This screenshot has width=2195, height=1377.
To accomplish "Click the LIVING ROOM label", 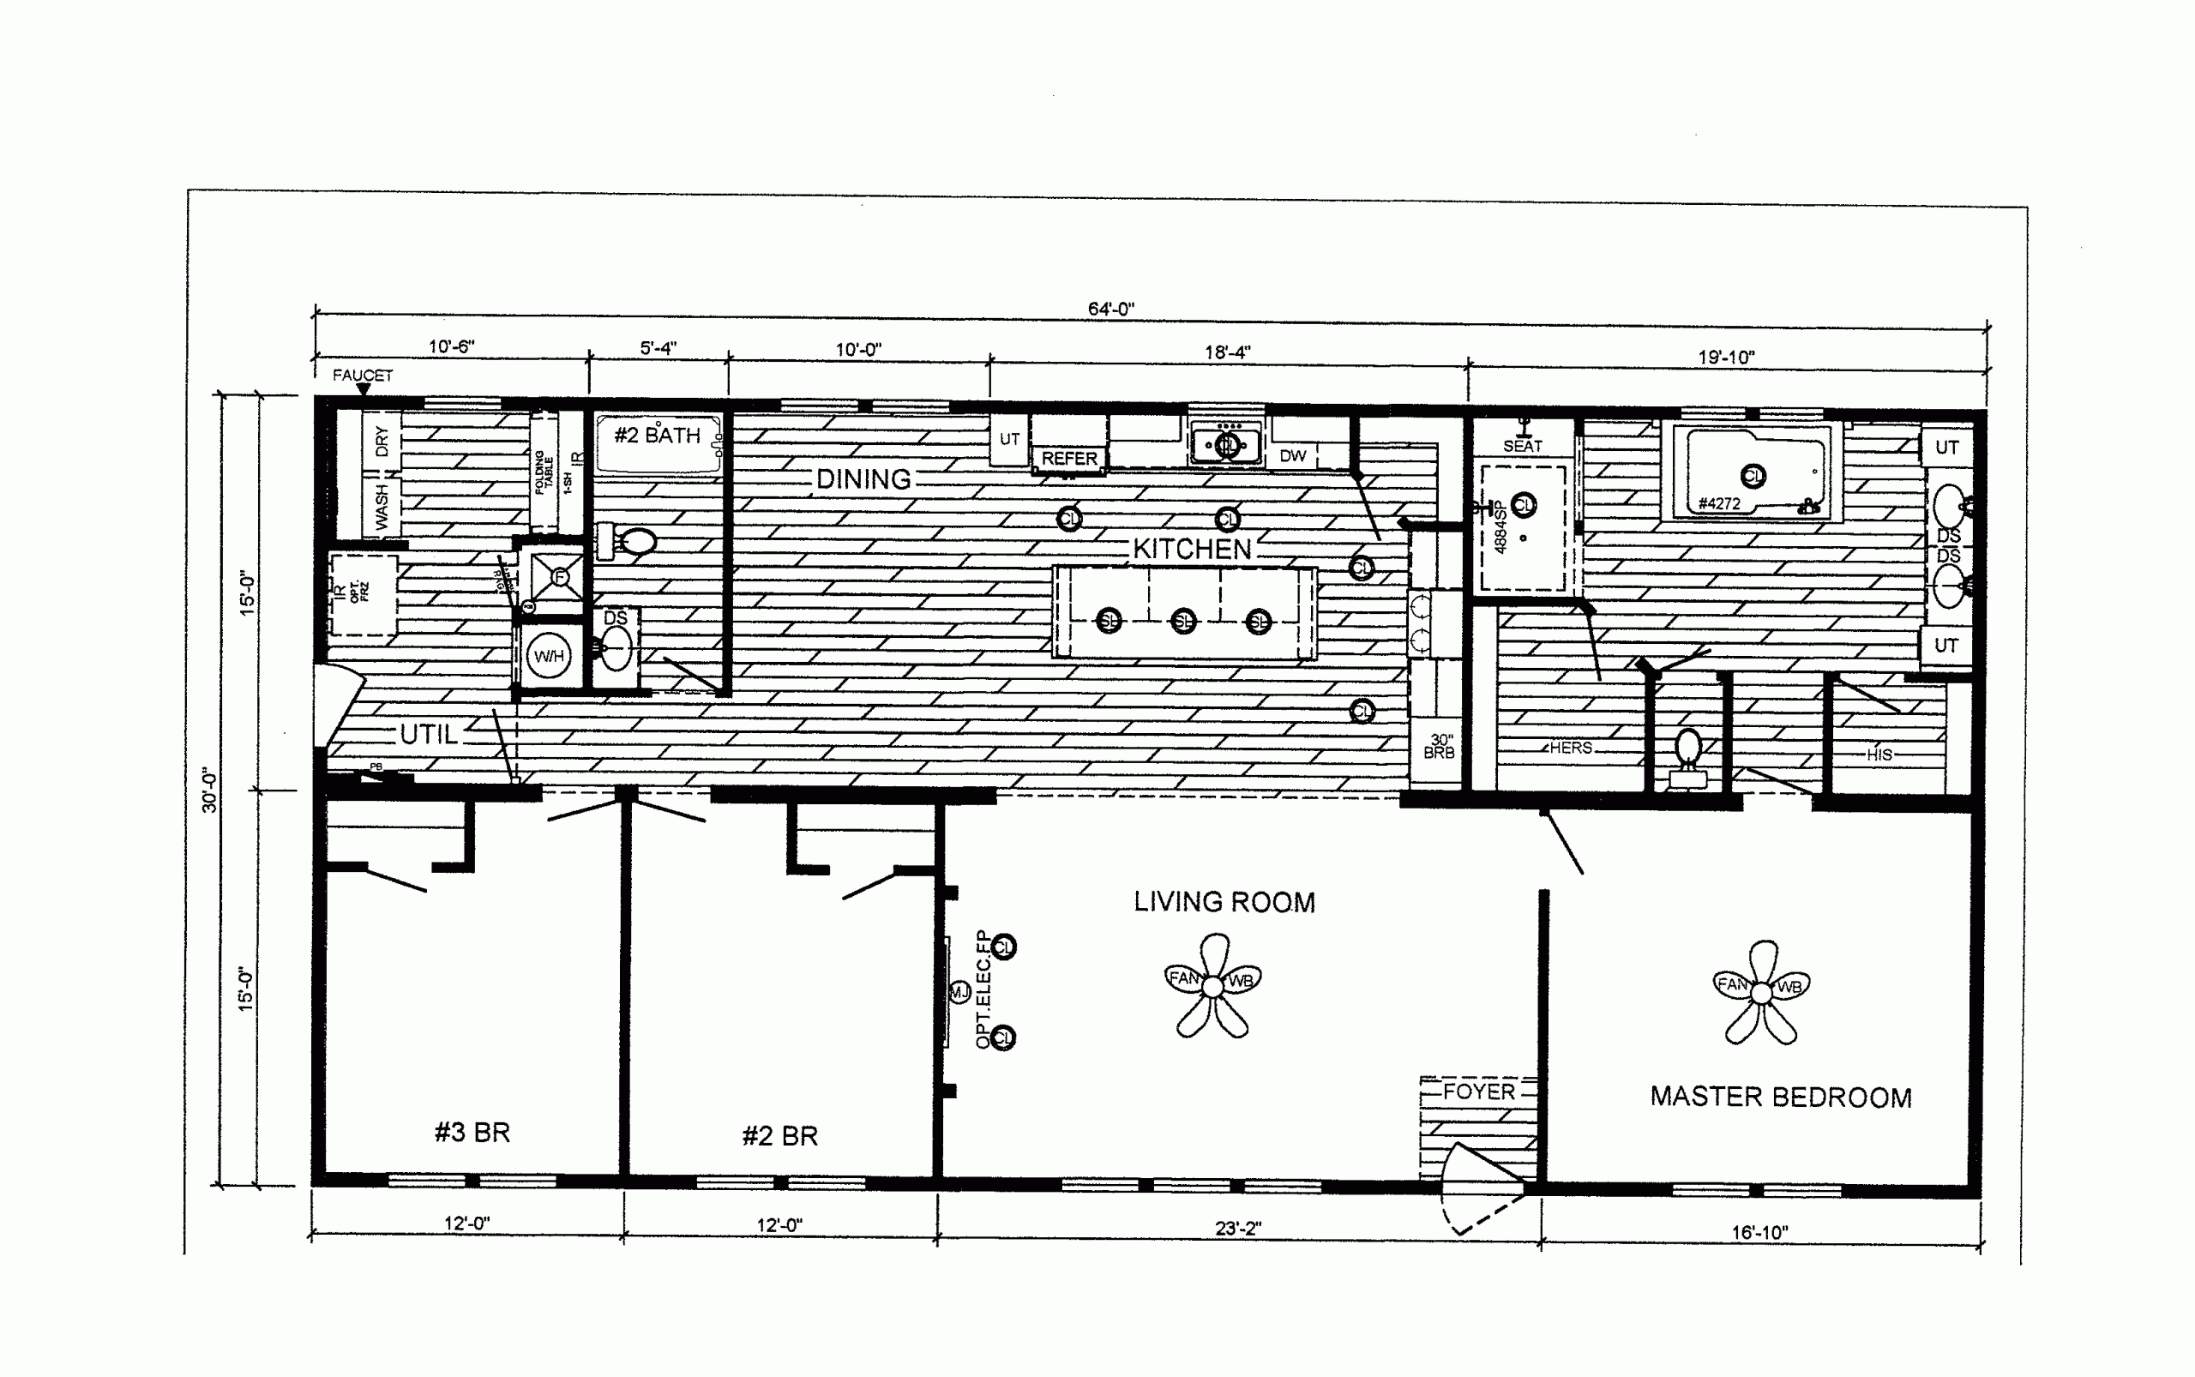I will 1224,902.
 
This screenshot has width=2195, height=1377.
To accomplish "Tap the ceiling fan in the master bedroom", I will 1761,993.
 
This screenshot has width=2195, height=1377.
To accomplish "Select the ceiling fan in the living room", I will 1212,986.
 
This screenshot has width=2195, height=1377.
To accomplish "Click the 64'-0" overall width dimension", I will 1110,309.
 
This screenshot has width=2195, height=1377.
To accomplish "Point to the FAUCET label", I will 363,376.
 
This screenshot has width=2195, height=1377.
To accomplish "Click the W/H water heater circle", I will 548,656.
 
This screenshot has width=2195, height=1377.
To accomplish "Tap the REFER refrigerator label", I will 1069,458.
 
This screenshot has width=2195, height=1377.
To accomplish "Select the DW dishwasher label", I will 1292,455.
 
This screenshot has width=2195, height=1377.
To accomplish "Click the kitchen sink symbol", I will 1226,444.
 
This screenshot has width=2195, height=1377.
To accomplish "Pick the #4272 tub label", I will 1718,503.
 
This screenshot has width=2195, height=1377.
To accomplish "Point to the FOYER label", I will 1478,1091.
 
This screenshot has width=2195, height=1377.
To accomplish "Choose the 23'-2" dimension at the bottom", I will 1238,1228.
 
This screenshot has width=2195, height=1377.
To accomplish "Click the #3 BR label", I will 472,1132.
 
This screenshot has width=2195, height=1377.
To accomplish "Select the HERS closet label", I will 1570,748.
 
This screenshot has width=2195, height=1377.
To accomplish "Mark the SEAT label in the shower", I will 1522,445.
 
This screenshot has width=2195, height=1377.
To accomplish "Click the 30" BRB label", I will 1439,747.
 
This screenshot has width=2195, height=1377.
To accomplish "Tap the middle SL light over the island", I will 1183,621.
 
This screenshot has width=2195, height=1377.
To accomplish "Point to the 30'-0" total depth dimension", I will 209,790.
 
